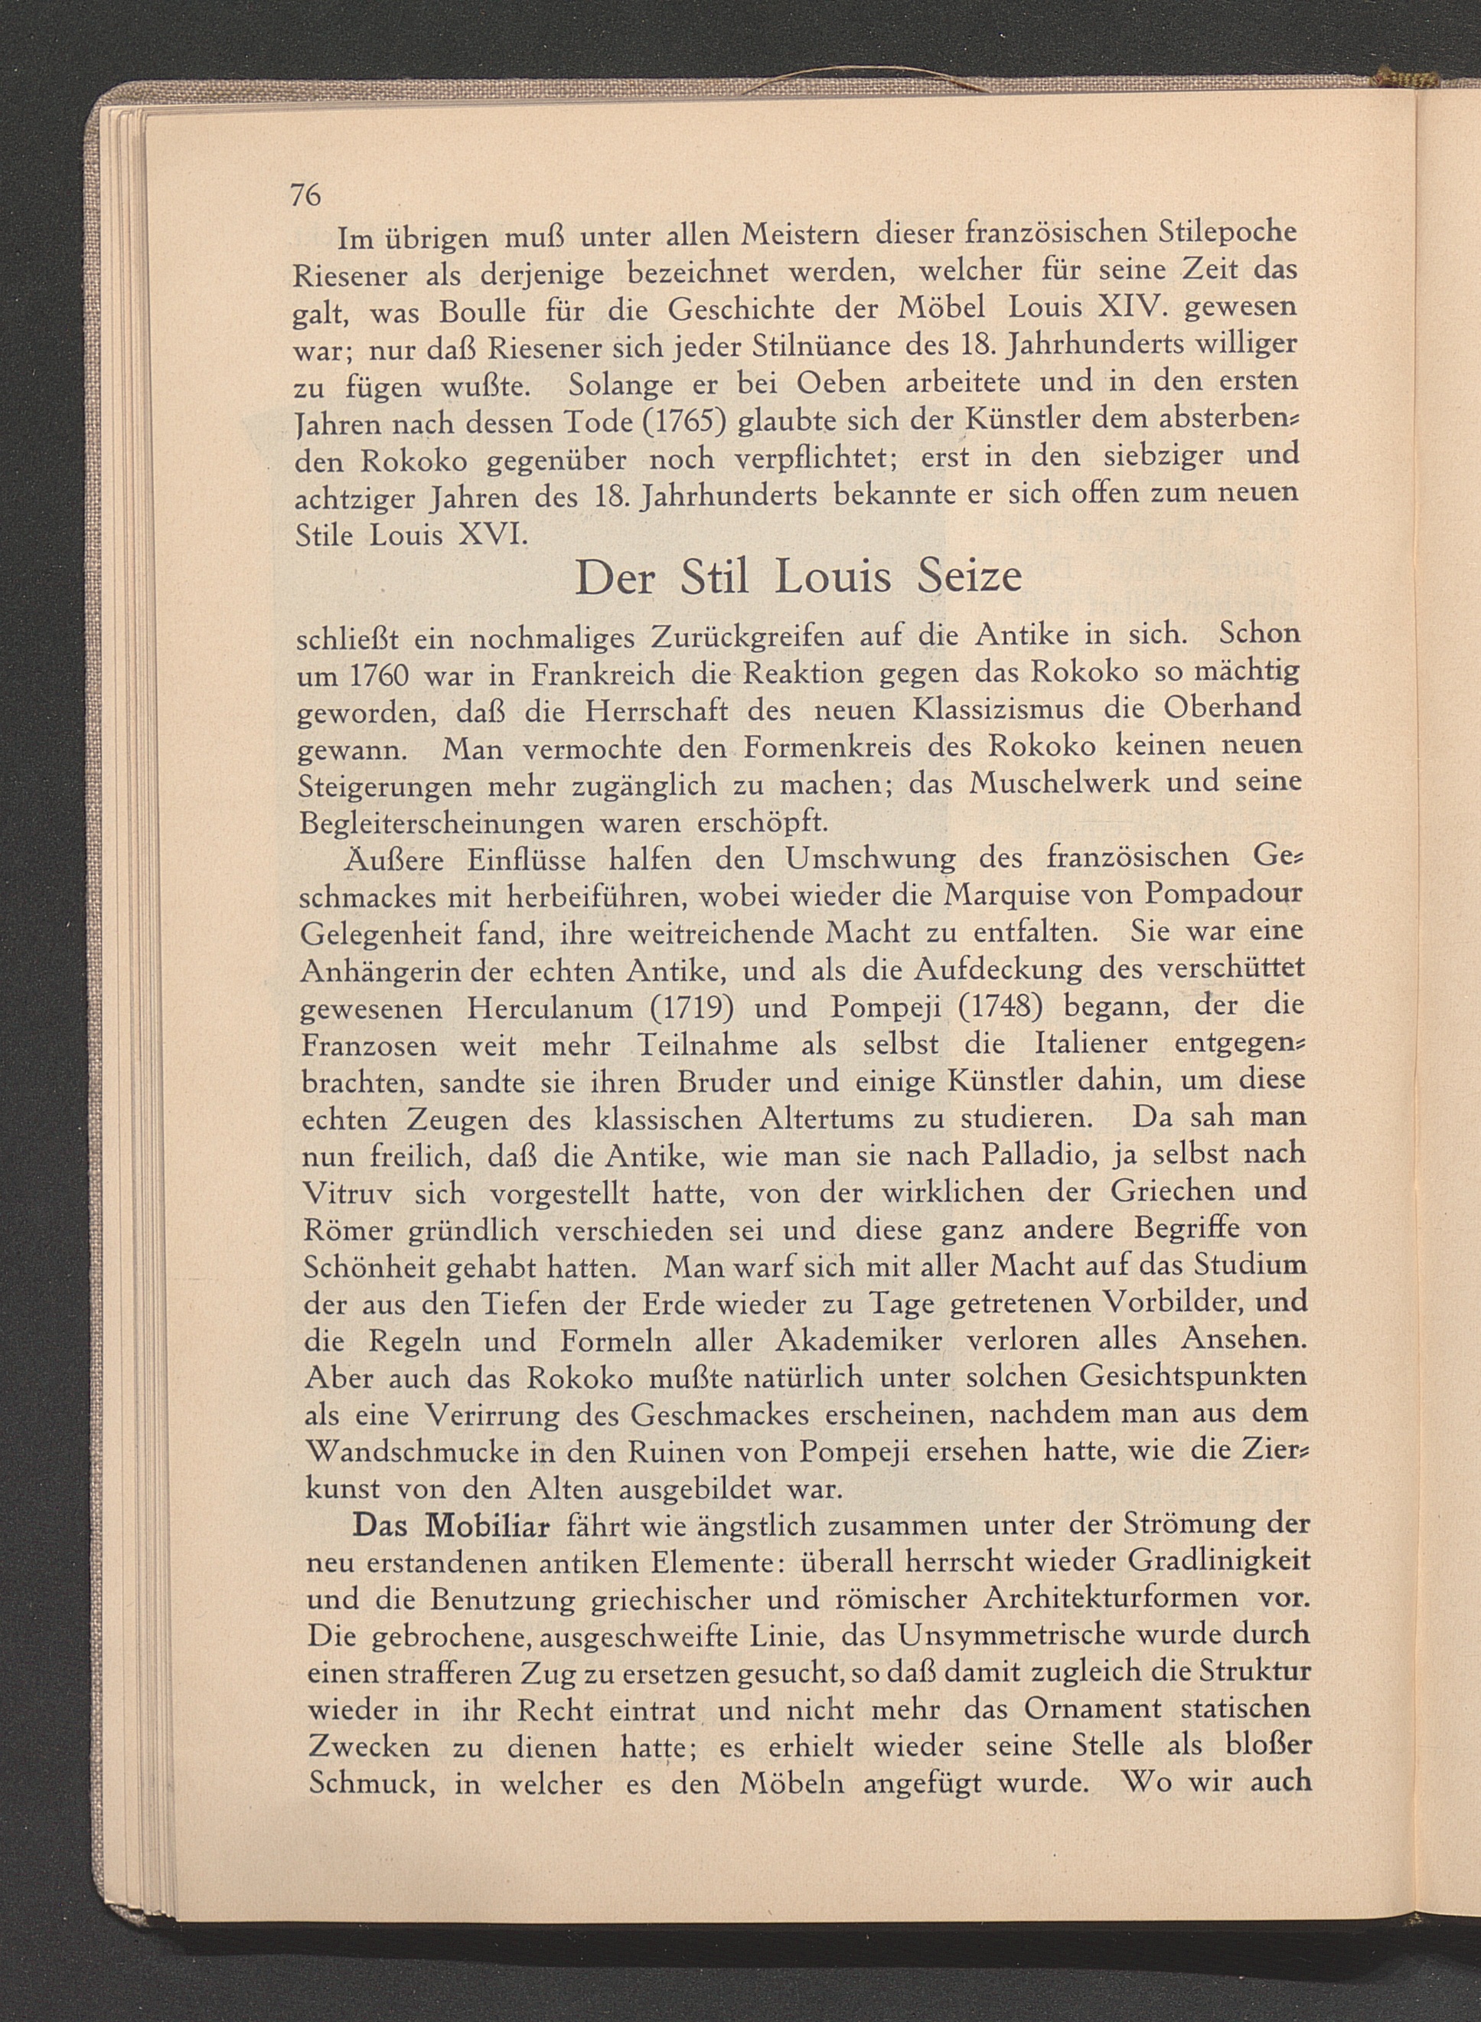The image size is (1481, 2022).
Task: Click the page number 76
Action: point(305,194)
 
